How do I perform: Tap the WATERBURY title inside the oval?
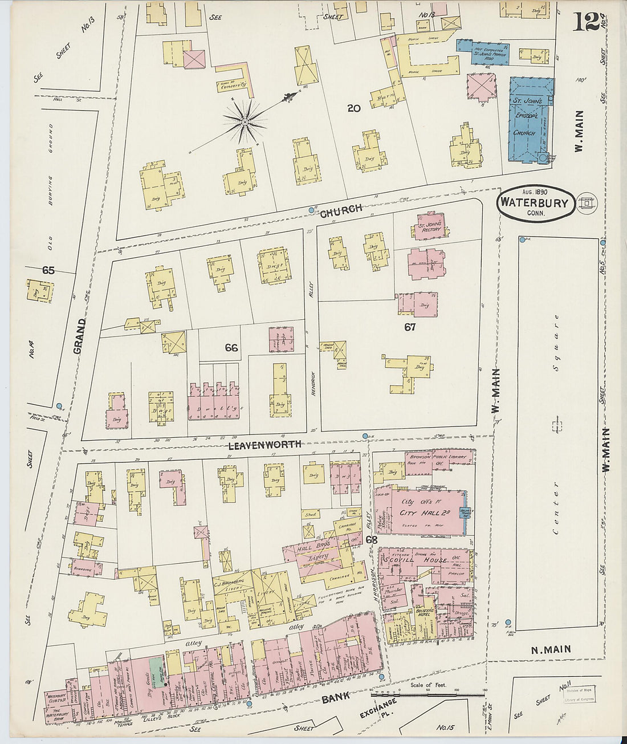pos(534,204)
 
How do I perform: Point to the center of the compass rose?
pos(245,121)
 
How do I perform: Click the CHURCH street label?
pos(341,211)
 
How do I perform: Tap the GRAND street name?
pos(80,336)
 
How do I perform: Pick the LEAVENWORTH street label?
pos(264,445)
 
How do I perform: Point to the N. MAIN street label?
pos(551,649)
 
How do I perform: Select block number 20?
pos(354,108)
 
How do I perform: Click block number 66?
pos(231,347)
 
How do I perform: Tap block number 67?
pos(410,327)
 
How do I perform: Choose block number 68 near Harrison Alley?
pos(372,539)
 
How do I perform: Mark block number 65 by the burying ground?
pos(48,270)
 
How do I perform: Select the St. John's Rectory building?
pos(430,227)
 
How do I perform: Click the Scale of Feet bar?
pos(428,694)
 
